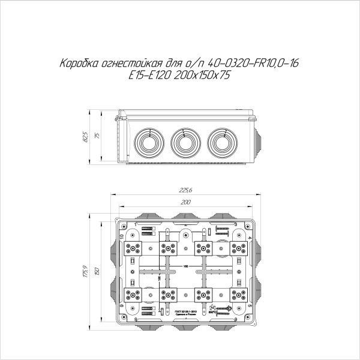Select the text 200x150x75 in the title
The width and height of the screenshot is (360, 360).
click(201, 76)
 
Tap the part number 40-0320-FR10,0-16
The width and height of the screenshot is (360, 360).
click(254, 64)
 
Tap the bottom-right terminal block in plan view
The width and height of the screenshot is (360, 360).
click(238, 295)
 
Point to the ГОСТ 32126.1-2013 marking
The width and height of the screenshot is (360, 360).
click(186, 311)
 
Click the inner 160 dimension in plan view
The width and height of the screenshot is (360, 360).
click(185, 266)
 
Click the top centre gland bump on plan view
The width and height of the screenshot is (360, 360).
click(185, 213)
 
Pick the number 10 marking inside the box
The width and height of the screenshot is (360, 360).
click(122, 236)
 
